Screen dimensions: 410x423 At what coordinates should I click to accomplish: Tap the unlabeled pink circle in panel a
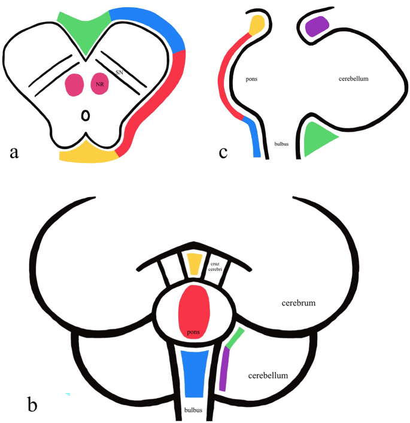click(74, 84)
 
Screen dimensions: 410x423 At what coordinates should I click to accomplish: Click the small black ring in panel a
click(86, 114)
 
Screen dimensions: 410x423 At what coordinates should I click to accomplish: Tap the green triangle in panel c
click(317, 138)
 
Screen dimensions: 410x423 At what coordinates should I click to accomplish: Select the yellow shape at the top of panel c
click(257, 25)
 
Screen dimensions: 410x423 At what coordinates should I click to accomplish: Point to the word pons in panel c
click(252, 78)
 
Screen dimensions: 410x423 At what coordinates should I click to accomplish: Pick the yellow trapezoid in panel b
click(195, 264)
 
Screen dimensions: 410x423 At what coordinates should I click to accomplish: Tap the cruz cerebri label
click(215, 265)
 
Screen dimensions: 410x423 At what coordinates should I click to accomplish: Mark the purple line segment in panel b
click(224, 370)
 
